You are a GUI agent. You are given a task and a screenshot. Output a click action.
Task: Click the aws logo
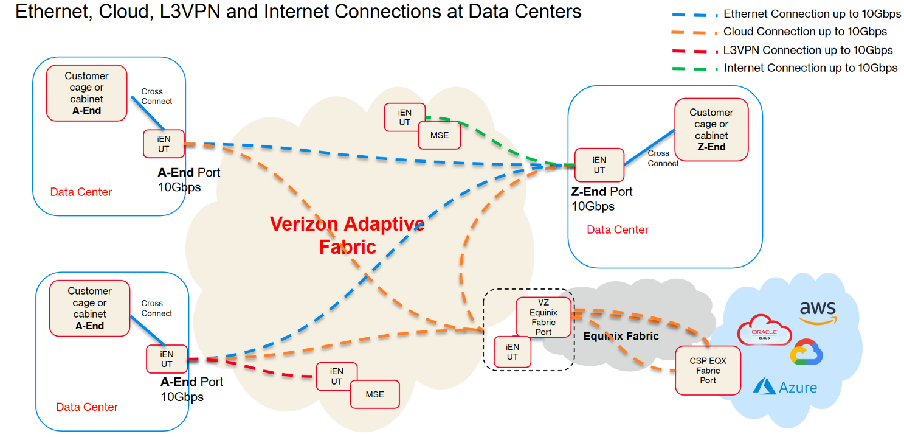tap(818, 313)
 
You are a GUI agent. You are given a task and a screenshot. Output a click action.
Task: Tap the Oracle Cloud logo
tap(764, 329)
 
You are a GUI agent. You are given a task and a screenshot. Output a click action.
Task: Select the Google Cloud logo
tap(806, 352)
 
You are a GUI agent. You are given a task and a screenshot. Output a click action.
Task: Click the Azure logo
tap(785, 387)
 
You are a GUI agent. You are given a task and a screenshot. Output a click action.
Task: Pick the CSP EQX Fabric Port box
tap(708, 371)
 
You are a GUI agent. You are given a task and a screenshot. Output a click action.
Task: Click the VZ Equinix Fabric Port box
tap(543, 317)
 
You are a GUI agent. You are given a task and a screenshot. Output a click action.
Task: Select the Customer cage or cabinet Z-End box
tap(711, 129)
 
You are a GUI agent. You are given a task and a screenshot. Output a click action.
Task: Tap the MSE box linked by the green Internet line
tap(439, 135)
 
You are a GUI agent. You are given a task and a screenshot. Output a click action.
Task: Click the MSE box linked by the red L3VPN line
tap(374, 394)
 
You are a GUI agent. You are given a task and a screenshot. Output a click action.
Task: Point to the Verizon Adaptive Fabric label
tap(347, 235)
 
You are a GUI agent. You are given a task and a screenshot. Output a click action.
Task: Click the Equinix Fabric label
tap(621, 335)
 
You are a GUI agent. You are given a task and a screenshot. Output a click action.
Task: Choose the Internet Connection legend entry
tap(785, 68)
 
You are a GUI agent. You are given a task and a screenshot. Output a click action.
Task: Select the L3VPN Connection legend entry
tap(782, 50)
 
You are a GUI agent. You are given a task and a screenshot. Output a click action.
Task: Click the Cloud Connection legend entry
tap(779, 32)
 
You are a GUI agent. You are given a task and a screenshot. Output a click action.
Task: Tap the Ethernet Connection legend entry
tap(786, 14)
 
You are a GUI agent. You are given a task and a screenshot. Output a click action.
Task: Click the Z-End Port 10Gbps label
tap(602, 198)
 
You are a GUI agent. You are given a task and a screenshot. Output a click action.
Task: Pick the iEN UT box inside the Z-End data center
tap(599, 165)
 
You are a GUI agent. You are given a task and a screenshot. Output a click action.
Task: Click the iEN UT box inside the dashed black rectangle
tap(512, 352)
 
